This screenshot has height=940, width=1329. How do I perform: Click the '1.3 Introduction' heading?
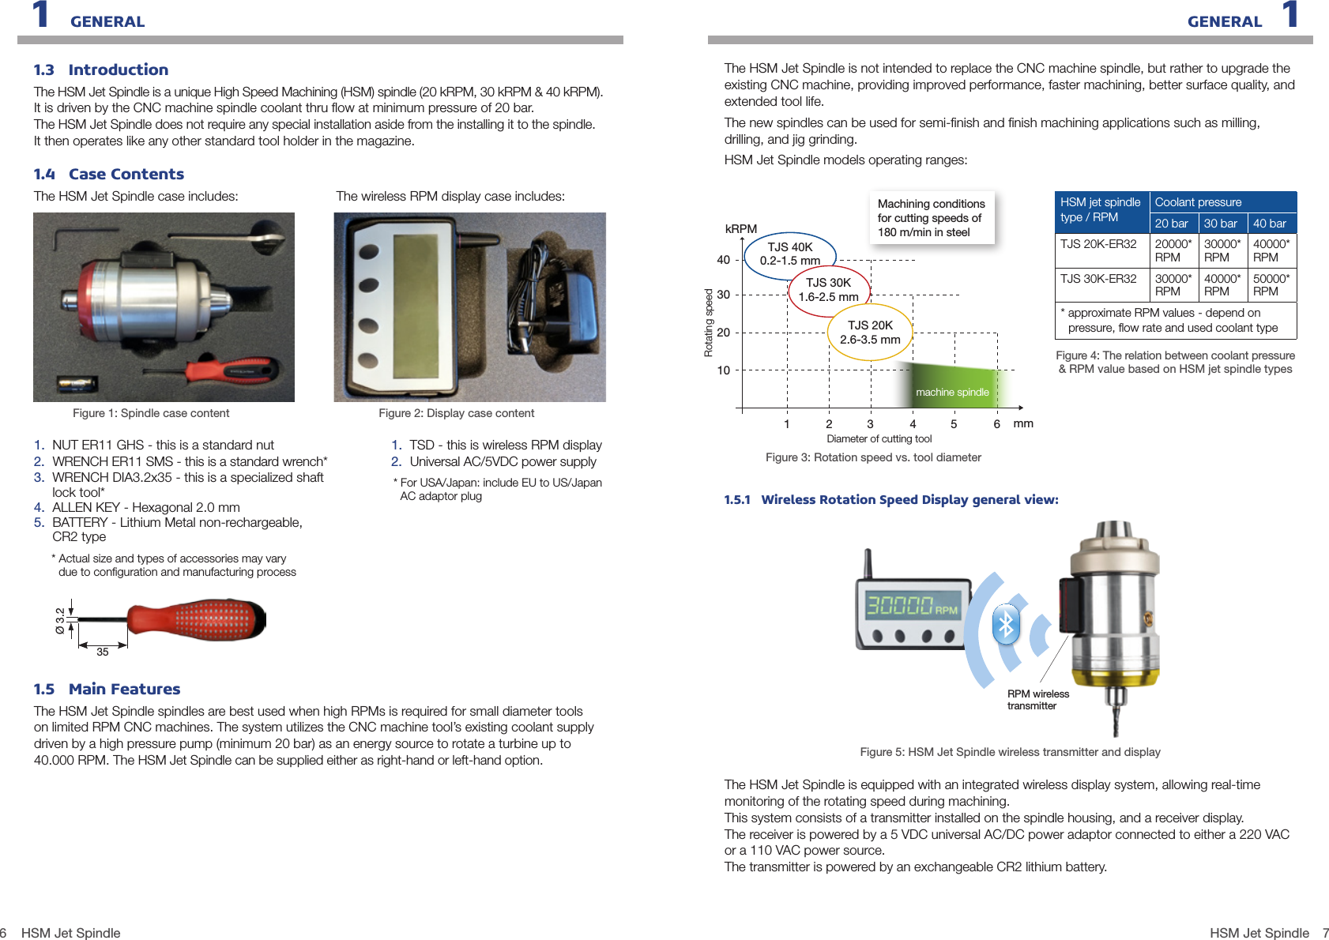pyautogui.click(x=100, y=70)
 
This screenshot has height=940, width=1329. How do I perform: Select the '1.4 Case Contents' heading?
pyautogui.click(x=108, y=174)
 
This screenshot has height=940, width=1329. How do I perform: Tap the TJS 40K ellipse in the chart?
pyautogui.click(x=790, y=254)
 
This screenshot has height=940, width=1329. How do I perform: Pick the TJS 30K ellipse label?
pyautogui.click(x=828, y=290)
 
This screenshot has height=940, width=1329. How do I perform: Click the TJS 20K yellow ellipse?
pyautogui.click(x=870, y=333)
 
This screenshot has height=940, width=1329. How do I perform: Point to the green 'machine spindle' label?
pyautogui.click(x=952, y=393)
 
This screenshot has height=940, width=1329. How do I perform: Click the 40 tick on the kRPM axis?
pyautogui.click(x=723, y=260)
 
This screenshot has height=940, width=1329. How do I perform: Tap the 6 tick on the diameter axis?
pyautogui.click(x=996, y=424)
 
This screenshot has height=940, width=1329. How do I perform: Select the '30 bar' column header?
pyautogui.click(x=1220, y=224)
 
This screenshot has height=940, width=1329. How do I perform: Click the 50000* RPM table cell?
pyautogui.click(x=1271, y=284)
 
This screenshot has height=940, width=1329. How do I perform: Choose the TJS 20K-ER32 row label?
pyautogui.click(x=1098, y=244)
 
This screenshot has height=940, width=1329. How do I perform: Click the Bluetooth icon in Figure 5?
pyautogui.click(x=1006, y=625)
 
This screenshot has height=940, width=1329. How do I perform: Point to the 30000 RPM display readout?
pyautogui.click(x=912, y=606)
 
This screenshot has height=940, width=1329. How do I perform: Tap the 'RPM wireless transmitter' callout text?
pyautogui.click(x=1037, y=700)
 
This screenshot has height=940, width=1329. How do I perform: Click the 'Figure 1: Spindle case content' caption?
pyautogui.click(x=151, y=413)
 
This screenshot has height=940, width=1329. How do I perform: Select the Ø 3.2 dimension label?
pyautogui.click(x=60, y=621)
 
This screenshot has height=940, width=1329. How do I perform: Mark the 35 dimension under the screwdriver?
pyautogui.click(x=103, y=652)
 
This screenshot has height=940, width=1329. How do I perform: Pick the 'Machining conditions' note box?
pyautogui.click(x=931, y=218)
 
